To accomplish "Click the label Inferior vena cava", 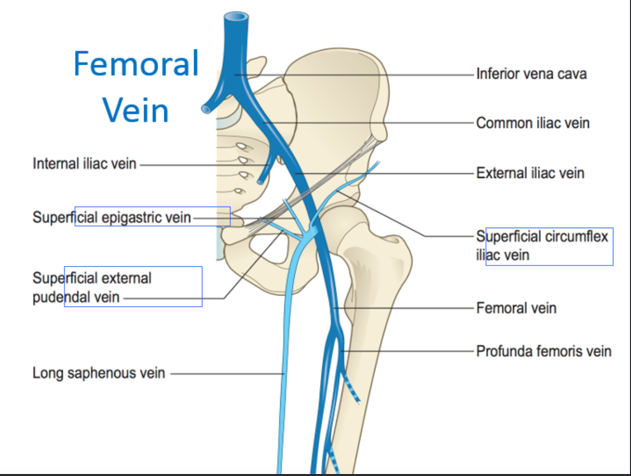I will [x=531, y=74].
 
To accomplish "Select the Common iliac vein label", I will [x=533, y=123].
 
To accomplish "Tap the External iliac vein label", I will [x=530, y=173].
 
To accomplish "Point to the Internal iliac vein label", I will [x=84, y=164].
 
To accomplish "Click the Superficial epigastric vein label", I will [x=112, y=217].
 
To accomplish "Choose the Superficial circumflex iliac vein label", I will [x=542, y=245].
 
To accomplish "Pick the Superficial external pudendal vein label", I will [x=92, y=287].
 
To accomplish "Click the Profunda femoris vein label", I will [x=543, y=351].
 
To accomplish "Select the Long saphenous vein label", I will [x=99, y=373].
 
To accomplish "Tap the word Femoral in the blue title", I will [x=136, y=64].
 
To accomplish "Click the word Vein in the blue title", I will [x=135, y=111].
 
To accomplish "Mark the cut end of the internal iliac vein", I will [x=261, y=182].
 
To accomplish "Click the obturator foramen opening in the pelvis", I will [x=266, y=247].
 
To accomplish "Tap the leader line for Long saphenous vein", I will [x=227, y=373].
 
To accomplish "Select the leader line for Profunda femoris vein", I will [x=406, y=351].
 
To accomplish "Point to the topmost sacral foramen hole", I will [x=240, y=145].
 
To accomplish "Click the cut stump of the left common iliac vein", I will [x=206, y=109].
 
